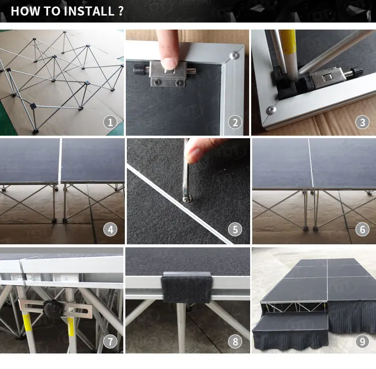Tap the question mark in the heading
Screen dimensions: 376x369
coord(121,11)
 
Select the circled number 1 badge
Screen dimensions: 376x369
coord(110,122)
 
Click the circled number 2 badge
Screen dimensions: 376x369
coord(235,122)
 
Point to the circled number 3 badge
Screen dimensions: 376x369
coord(362,122)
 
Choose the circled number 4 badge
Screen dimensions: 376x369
coord(110,229)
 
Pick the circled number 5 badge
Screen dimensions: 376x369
coord(235,229)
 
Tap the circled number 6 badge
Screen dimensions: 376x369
coord(362,229)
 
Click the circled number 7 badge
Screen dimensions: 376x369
coord(110,341)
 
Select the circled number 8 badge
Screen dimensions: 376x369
coord(235,341)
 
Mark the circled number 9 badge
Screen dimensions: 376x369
coord(362,341)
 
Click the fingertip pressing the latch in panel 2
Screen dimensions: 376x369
coord(169,64)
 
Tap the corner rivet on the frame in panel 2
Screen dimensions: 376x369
coord(234,56)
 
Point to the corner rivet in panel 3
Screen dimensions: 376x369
coord(271,110)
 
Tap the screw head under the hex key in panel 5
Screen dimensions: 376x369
coord(187,199)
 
